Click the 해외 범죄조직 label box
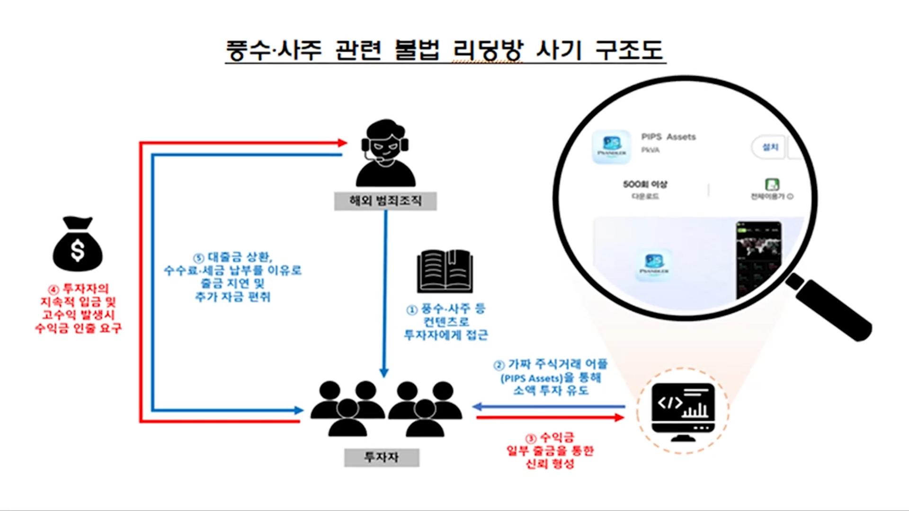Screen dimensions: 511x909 pyautogui.click(x=385, y=201)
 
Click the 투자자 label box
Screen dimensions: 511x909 pyautogui.click(x=381, y=457)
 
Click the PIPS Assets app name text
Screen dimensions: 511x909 pyautogui.click(x=668, y=137)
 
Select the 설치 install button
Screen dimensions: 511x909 pyautogui.click(x=770, y=147)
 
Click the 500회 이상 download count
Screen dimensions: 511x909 pyautogui.click(x=645, y=184)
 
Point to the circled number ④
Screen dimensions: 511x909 pyautogui.click(x=53, y=289)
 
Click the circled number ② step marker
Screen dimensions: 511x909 pyautogui.click(x=499, y=365)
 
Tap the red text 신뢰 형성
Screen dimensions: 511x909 pyautogui.click(x=550, y=464)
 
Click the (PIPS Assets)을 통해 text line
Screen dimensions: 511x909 pyautogui.click(x=551, y=378)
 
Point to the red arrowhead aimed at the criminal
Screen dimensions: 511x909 pyautogui.click(x=343, y=142)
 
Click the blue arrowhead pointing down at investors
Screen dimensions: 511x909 pyautogui.click(x=384, y=373)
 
